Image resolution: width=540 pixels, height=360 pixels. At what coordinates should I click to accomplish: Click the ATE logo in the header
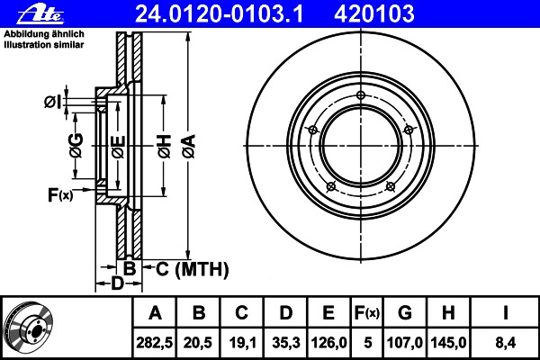[x=40, y=14]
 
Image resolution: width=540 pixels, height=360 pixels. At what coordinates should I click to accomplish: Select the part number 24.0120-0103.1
[x=220, y=14]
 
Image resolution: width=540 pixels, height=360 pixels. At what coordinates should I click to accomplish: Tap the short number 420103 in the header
[x=374, y=14]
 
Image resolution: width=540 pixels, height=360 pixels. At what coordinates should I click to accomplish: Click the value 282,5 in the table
[x=155, y=343]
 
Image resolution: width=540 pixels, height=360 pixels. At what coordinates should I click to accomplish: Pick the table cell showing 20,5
[x=198, y=343]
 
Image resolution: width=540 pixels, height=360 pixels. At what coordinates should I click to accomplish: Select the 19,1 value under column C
[x=242, y=343]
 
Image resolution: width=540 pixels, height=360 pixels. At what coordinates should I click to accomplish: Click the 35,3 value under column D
[x=286, y=343]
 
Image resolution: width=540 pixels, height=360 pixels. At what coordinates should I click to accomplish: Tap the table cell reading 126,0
[x=328, y=343]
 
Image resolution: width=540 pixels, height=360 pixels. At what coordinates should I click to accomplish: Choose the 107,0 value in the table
[x=405, y=343]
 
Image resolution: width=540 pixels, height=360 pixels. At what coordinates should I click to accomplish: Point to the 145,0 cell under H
[x=448, y=343]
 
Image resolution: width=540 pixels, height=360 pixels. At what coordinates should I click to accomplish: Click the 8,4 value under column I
[x=505, y=343]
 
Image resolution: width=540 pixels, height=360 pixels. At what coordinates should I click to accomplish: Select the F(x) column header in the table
[x=367, y=313]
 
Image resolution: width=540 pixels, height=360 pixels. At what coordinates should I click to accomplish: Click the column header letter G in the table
[x=405, y=313]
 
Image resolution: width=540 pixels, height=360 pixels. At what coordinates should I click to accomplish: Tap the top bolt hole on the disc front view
[x=361, y=95]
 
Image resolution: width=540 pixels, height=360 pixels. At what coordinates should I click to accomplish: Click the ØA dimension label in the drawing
[x=189, y=147]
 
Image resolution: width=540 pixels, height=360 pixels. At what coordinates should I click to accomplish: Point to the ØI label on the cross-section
[x=53, y=102]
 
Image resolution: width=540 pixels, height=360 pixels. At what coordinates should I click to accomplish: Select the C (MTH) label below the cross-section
[x=193, y=269]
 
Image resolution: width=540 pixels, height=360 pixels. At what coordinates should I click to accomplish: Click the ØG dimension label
[x=76, y=146]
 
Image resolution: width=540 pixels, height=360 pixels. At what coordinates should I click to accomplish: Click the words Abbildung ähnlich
[x=44, y=34]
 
